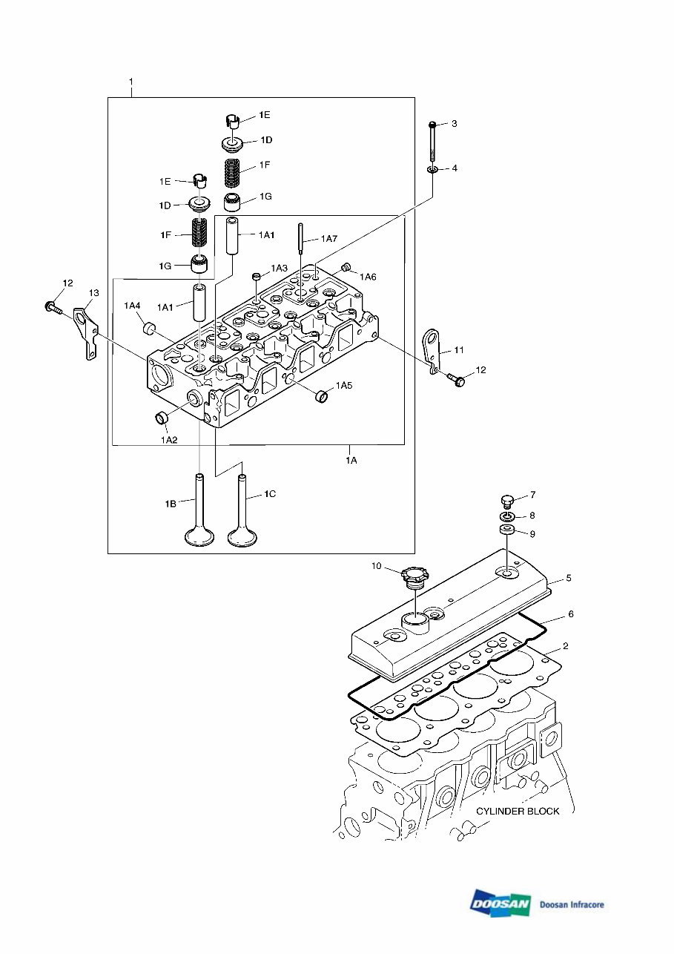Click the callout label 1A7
coord(329,239)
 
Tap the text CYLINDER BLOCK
coord(518,811)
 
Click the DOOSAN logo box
coord(500,903)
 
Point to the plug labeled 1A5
coord(323,395)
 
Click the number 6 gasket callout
coord(570,613)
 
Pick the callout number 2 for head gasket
coord(566,646)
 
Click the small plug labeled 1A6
coord(346,267)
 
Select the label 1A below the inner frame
coord(351,460)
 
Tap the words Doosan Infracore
coord(572,904)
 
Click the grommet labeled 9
coord(507,530)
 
